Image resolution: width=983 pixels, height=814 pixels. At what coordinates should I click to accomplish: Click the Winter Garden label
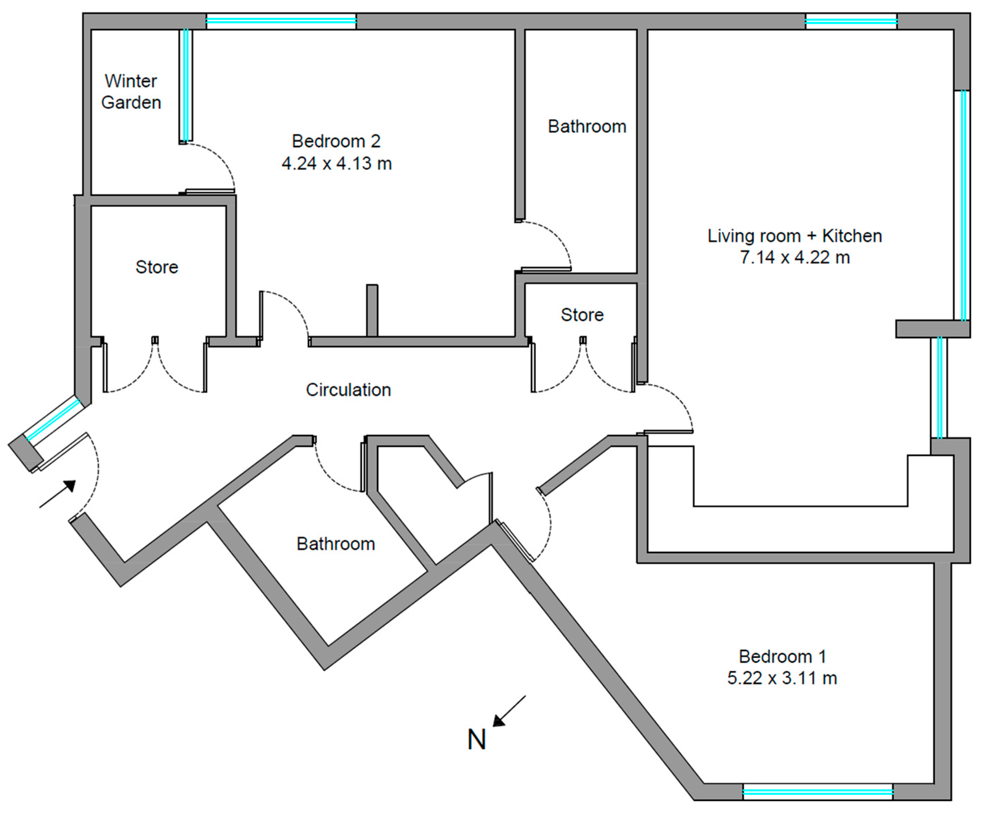click(x=131, y=92)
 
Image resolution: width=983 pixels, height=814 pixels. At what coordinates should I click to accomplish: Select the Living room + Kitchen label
click(x=794, y=236)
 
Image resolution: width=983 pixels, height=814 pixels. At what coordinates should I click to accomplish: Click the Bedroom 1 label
click(x=782, y=657)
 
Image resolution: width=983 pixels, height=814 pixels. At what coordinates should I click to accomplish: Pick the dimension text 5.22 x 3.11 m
click(x=782, y=678)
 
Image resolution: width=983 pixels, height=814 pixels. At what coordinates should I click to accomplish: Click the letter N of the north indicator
click(x=477, y=739)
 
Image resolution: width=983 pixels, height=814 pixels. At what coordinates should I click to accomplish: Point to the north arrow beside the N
click(x=509, y=711)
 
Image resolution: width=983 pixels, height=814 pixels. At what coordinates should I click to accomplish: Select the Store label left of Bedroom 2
click(x=157, y=267)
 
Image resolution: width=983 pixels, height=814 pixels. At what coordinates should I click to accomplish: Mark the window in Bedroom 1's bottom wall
click(x=818, y=792)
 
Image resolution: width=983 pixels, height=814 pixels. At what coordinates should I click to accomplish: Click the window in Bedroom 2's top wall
click(x=281, y=21)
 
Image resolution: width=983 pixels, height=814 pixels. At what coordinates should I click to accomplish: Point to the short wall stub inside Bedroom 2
click(x=372, y=310)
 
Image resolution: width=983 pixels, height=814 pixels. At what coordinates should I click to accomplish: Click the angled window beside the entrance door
click(x=53, y=418)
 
